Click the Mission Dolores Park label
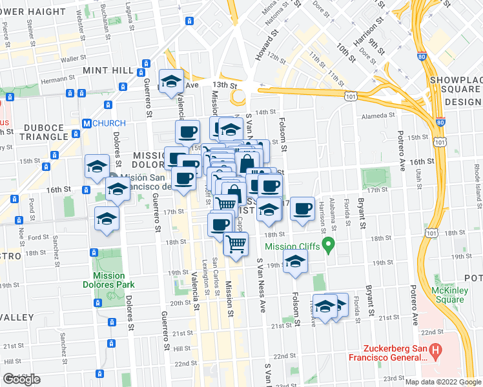(x=104, y=280)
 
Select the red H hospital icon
(x=437, y=353)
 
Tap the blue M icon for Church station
(x=86, y=123)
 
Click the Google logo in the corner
(x=21, y=379)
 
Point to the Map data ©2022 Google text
(x=443, y=382)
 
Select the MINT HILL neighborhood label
(x=108, y=70)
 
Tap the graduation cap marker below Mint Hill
(x=171, y=81)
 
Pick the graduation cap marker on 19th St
(x=295, y=261)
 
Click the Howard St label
(x=265, y=48)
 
